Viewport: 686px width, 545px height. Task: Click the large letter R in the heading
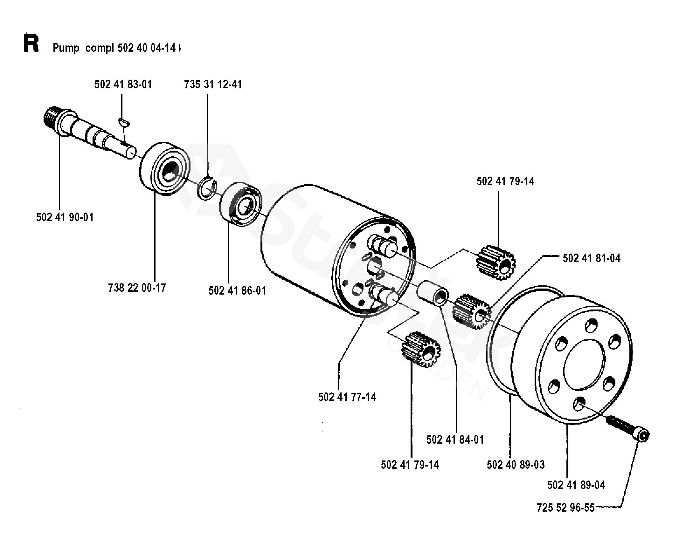click(31, 44)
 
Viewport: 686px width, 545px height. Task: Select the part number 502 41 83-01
click(123, 85)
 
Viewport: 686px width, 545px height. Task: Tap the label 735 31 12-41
click(213, 85)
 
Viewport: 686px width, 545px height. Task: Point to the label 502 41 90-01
click(65, 217)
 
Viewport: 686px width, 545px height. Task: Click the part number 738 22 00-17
click(137, 288)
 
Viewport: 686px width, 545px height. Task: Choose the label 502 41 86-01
click(237, 291)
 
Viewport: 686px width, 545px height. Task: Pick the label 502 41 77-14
click(347, 397)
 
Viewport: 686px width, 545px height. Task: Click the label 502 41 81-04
click(592, 258)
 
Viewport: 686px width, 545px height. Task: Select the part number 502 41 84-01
click(455, 440)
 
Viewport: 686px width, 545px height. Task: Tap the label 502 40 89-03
click(516, 465)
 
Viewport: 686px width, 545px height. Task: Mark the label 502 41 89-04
click(576, 485)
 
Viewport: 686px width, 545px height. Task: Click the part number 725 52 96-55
click(565, 508)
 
